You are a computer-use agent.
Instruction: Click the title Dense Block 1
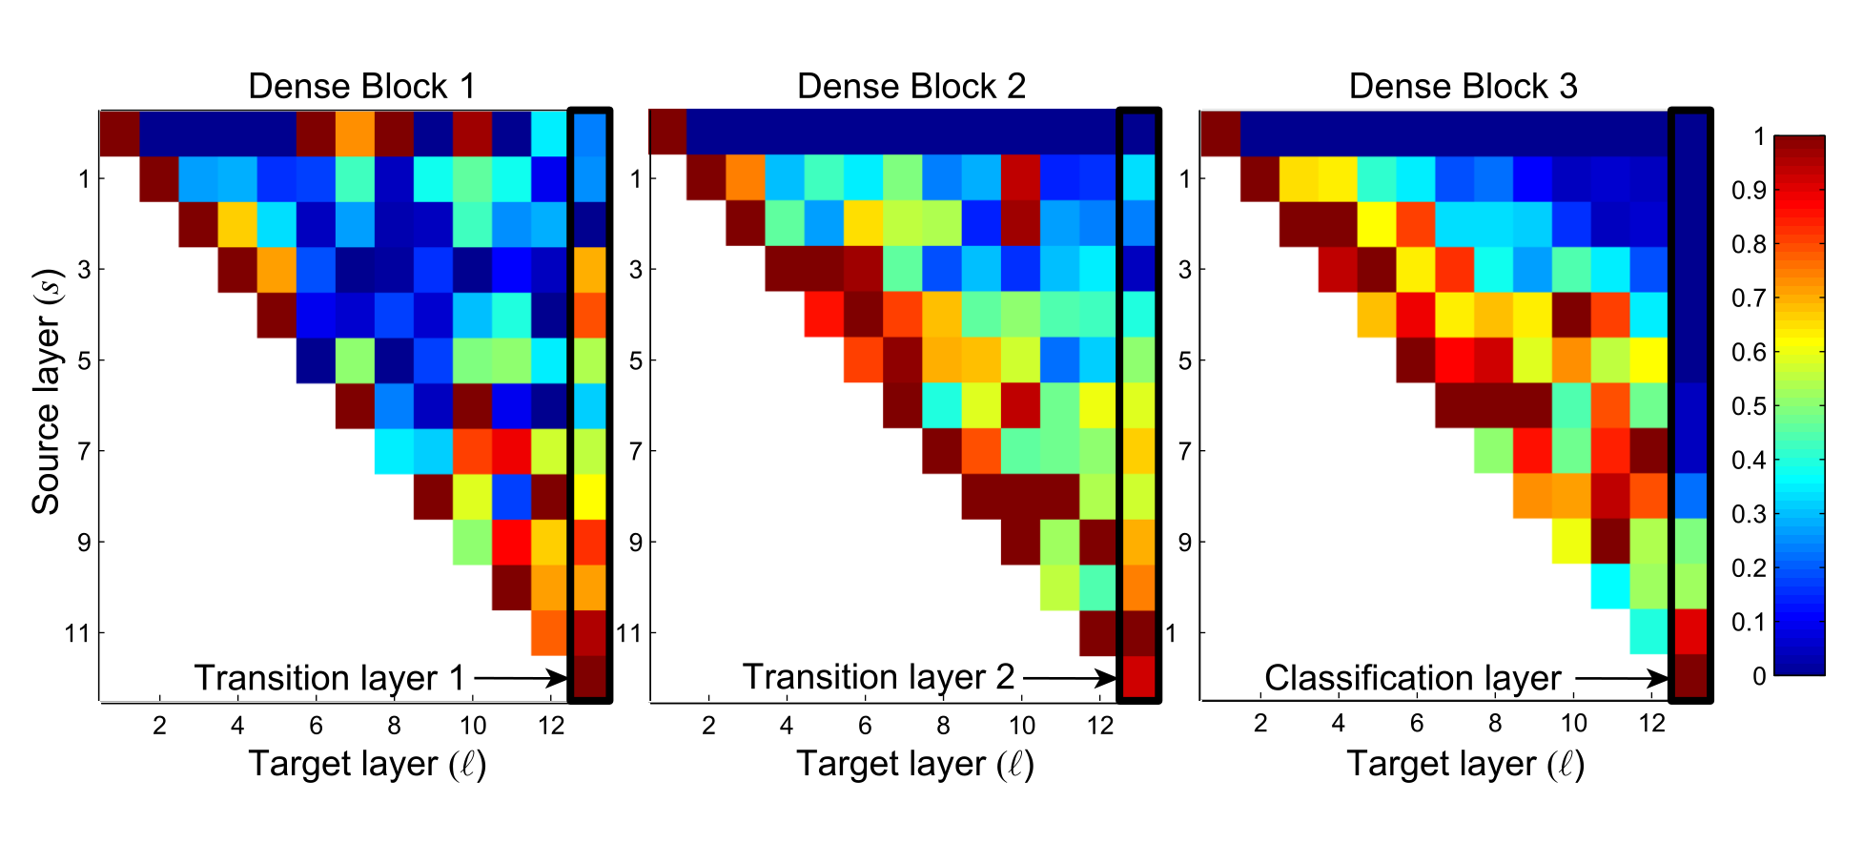click(361, 87)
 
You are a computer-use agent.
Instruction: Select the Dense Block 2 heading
click(911, 87)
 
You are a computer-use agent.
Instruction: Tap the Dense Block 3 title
click(1463, 87)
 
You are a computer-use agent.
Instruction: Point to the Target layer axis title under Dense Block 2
click(914, 764)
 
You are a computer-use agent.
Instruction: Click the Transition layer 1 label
click(330, 678)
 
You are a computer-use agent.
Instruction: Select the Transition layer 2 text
click(878, 677)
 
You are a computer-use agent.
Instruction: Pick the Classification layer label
click(1412, 678)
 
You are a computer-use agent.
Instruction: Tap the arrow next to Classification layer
click(1621, 678)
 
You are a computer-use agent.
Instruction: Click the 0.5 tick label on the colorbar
click(1748, 406)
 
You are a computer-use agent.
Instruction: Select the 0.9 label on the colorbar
click(1748, 191)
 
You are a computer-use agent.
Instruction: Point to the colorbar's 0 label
click(1759, 676)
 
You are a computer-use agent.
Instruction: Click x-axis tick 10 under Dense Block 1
click(473, 726)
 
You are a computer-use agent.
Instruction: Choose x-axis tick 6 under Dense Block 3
click(1417, 724)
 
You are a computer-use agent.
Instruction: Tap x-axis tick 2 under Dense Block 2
click(708, 726)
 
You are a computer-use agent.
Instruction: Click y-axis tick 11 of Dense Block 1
click(77, 633)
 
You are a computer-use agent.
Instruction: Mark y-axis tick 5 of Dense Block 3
click(1184, 360)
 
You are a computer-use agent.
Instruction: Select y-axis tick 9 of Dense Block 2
click(635, 543)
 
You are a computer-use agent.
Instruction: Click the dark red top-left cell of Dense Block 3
click(1219, 133)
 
